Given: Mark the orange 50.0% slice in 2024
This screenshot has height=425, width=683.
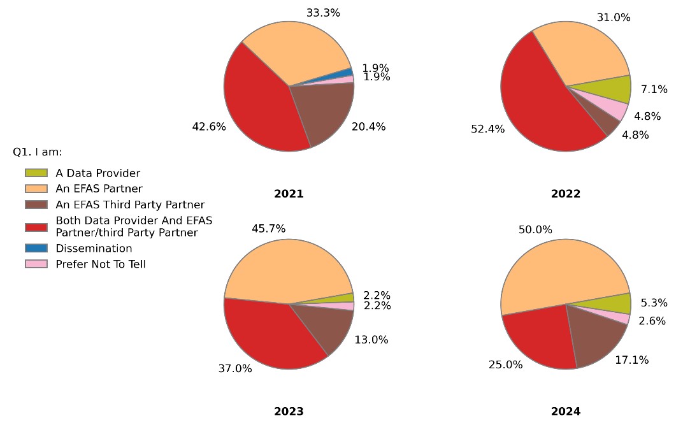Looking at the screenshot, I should [561, 268].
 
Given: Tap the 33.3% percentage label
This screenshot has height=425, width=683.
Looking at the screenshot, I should [323, 12].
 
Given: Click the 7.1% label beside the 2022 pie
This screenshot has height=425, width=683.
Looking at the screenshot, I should [654, 89].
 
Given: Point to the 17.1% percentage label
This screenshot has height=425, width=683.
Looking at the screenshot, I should [632, 360].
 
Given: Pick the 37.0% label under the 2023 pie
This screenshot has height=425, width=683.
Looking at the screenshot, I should [235, 368].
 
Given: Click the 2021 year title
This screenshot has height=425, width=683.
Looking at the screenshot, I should [289, 194].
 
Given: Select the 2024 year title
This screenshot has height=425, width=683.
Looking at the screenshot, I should [566, 412].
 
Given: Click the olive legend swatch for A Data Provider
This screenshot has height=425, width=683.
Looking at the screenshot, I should [36, 173].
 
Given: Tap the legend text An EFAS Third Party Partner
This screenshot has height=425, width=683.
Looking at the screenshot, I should [130, 205].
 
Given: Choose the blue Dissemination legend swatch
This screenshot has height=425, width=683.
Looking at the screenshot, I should [36, 249].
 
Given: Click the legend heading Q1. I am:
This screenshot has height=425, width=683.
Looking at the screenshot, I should [37, 152].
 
